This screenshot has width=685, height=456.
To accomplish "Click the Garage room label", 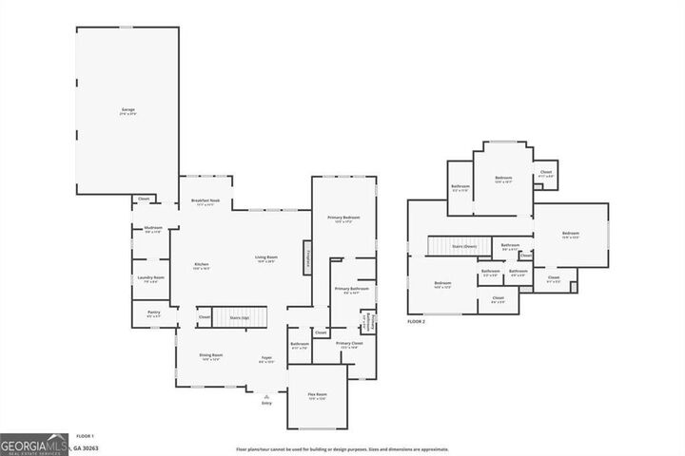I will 127,111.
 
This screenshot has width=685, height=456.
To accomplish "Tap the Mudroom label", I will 153,229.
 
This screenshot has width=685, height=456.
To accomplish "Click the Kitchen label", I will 202,266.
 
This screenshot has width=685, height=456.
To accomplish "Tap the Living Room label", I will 265,258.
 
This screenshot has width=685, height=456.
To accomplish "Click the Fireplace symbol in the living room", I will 307,256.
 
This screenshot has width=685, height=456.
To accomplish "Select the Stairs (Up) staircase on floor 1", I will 240,317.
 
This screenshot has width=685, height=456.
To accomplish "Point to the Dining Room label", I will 210,356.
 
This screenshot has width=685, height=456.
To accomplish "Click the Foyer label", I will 267,359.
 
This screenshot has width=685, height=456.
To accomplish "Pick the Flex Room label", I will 318,395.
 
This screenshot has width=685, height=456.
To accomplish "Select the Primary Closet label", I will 350,344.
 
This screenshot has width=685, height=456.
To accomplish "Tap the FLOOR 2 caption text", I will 417,323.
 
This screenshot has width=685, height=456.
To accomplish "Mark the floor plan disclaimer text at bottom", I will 342,449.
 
